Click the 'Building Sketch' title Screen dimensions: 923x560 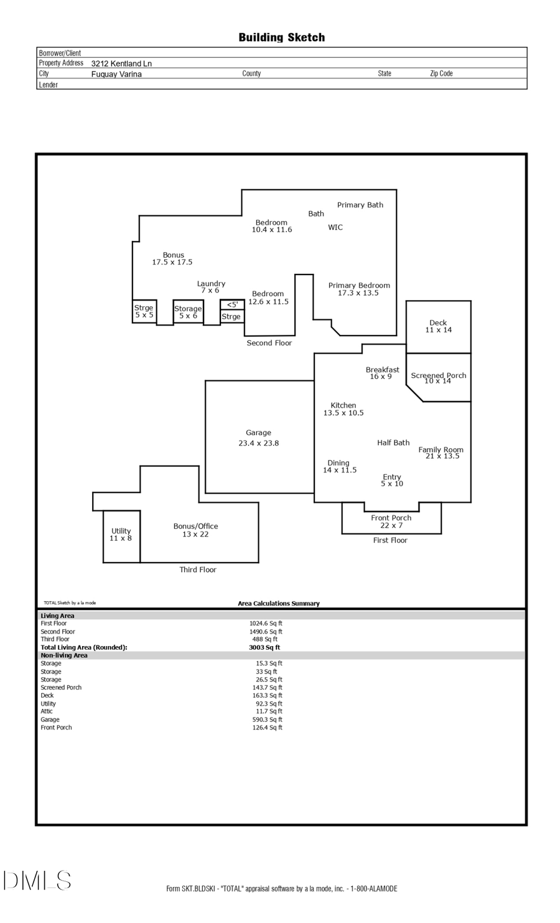[x=281, y=37]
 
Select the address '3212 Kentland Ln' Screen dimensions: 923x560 [x=121, y=63]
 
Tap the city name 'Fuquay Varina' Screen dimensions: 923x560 [x=116, y=74]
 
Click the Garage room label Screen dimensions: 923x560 [x=258, y=438]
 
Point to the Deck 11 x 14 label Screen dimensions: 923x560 [x=438, y=326]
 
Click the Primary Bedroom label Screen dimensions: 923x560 [x=359, y=289]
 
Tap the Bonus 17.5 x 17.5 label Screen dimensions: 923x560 [x=173, y=258]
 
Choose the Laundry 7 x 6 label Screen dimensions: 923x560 [x=211, y=287]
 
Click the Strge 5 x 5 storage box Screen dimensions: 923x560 [x=144, y=311]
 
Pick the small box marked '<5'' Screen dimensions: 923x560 [x=232, y=304]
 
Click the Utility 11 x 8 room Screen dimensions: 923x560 [x=121, y=535]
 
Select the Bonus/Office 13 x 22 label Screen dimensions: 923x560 [x=195, y=530]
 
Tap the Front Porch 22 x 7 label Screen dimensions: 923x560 [x=391, y=522]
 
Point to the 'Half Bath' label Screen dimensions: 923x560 [x=393, y=443]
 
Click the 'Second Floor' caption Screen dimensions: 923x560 [x=269, y=343]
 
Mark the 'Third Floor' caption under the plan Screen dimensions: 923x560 [x=198, y=569]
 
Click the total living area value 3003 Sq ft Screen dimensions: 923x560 [x=264, y=647]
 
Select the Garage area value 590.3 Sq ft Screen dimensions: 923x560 [x=267, y=719]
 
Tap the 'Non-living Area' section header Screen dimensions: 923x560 [x=64, y=655]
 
